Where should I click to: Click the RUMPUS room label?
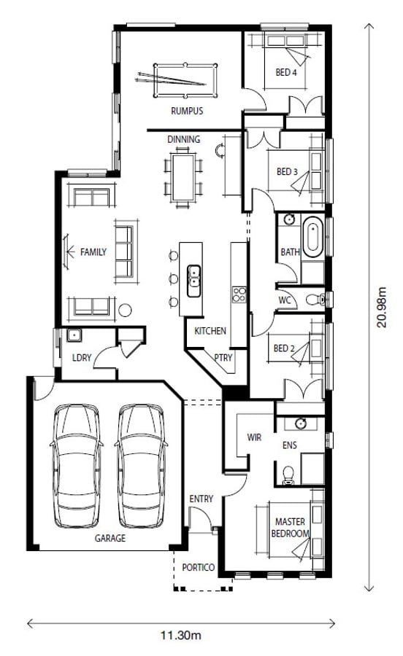click(187, 111)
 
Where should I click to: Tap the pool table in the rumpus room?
click(185, 80)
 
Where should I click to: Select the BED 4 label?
click(286, 72)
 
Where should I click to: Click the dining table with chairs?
click(183, 178)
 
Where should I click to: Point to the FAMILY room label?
click(93, 252)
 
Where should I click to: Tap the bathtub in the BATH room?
click(313, 237)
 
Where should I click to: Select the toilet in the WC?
click(316, 299)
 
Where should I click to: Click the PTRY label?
click(223, 358)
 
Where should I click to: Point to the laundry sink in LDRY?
click(74, 335)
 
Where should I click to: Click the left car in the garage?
click(76, 466)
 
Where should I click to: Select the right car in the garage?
click(141, 466)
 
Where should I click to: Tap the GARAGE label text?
click(110, 538)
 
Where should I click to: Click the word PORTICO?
click(198, 567)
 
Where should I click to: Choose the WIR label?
click(254, 437)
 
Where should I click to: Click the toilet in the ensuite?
click(288, 475)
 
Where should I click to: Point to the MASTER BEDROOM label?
click(291, 528)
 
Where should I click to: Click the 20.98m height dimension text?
click(381, 307)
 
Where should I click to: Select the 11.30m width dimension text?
click(181, 636)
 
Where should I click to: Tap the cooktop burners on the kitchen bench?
click(239, 294)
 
